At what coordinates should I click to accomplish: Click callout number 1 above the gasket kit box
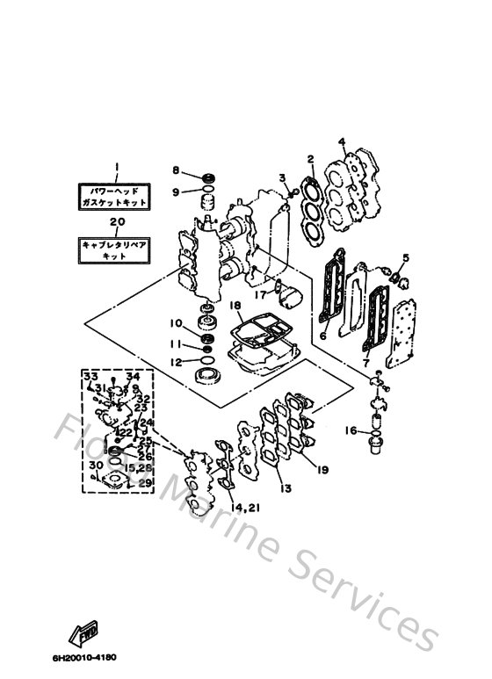click(113, 167)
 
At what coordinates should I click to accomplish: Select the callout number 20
click(114, 222)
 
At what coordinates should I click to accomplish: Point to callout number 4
click(343, 142)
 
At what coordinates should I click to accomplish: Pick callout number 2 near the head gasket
click(310, 159)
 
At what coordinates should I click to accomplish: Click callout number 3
click(283, 178)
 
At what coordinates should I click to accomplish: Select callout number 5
click(406, 257)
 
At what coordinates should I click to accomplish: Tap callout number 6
click(323, 336)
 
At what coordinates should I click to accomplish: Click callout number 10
click(176, 323)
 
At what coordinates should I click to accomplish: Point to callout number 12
click(176, 361)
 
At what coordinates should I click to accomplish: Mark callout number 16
click(350, 430)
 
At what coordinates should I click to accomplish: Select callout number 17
click(260, 296)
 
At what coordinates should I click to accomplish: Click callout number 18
click(235, 305)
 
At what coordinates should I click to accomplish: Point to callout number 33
click(90, 376)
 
